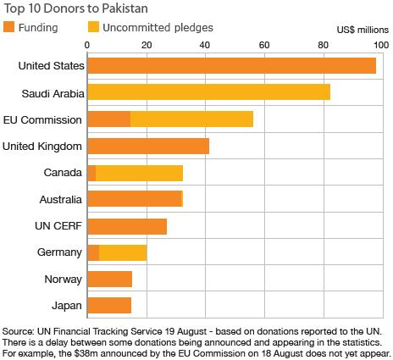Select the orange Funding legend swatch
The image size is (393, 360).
pos(8,27)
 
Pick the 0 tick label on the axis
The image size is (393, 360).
pos(88,46)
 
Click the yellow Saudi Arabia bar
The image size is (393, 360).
pos(208,92)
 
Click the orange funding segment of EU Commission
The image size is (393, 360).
pos(108,119)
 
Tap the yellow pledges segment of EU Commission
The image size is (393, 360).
pos(191,119)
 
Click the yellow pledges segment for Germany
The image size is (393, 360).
pos(123,252)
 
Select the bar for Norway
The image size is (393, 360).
pos(109,279)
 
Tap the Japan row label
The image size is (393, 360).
pos(68,305)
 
